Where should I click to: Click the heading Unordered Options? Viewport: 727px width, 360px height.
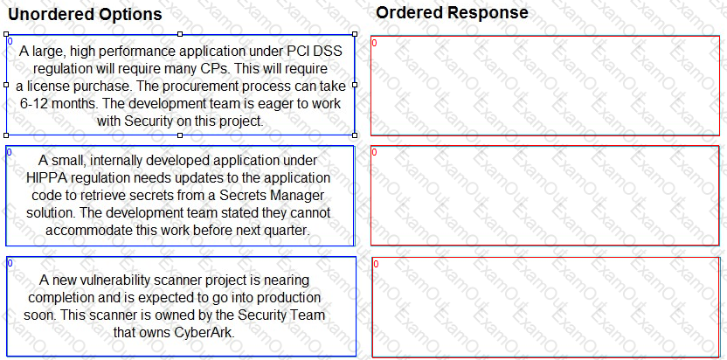pos(86,14)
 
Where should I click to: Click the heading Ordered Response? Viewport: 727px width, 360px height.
pos(452,12)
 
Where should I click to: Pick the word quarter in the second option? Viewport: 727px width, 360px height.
pos(287,231)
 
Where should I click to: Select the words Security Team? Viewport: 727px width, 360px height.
pos(281,315)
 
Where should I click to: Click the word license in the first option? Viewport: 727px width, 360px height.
pos(46,87)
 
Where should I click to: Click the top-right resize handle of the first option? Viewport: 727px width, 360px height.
pos(355,34)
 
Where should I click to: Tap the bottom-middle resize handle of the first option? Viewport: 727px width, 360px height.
pos(180,135)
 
